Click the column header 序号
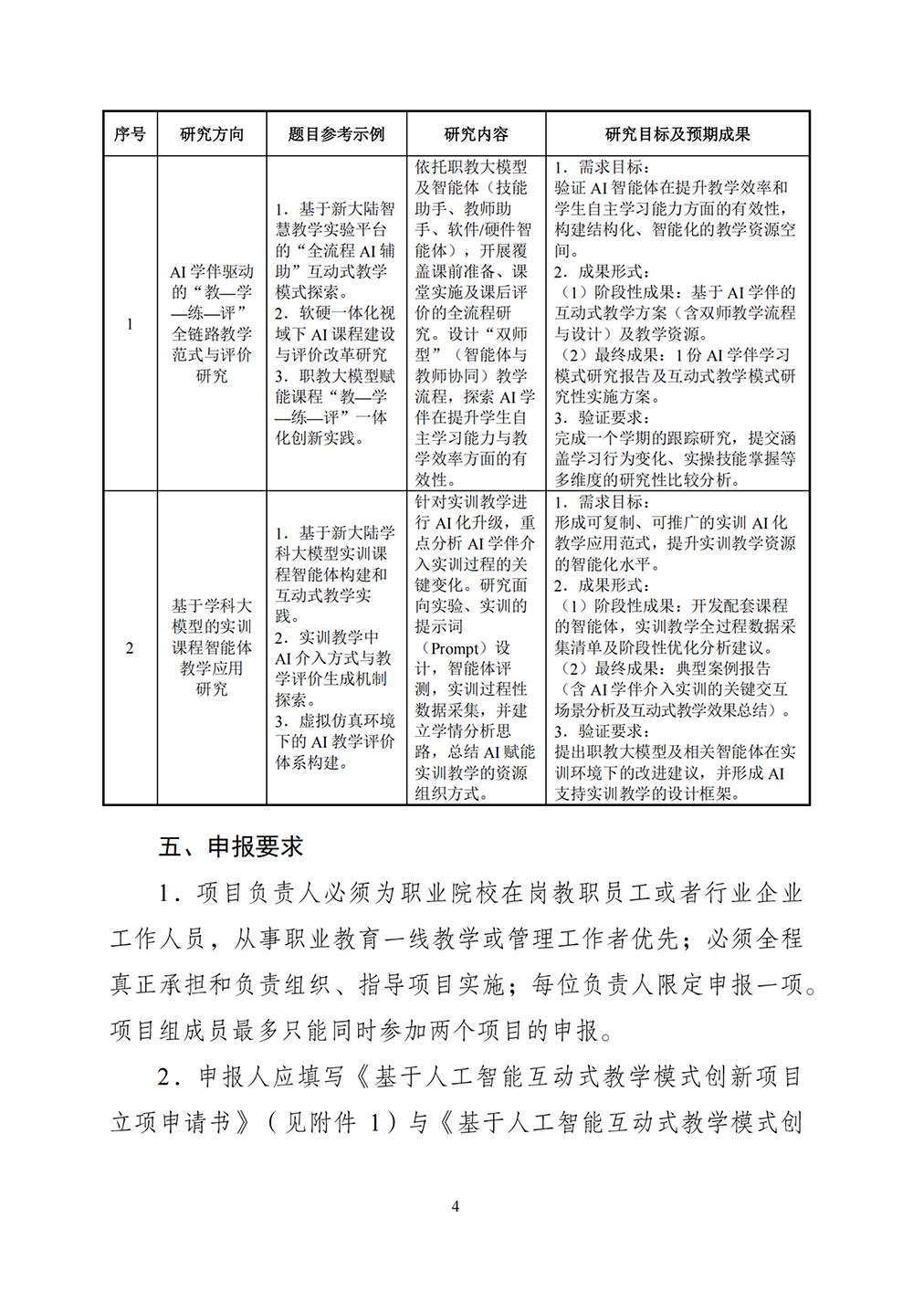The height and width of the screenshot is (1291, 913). click(x=130, y=134)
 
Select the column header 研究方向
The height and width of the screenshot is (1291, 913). click(x=212, y=134)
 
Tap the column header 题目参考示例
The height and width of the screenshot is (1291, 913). click(x=336, y=134)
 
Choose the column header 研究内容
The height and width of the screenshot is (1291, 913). click(x=476, y=134)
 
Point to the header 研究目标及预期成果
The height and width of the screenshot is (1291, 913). click(x=677, y=134)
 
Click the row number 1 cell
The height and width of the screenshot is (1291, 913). click(x=130, y=324)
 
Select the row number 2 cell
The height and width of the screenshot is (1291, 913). click(x=130, y=648)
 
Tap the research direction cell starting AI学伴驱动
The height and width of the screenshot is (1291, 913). click(x=212, y=324)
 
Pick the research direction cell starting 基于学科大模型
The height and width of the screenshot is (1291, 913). click(x=212, y=647)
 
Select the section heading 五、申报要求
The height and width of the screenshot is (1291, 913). click(x=231, y=847)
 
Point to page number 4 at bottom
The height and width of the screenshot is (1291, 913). click(x=456, y=1206)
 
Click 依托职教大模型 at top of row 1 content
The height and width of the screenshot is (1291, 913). click(x=471, y=167)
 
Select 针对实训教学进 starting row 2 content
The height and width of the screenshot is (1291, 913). click(x=471, y=502)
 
